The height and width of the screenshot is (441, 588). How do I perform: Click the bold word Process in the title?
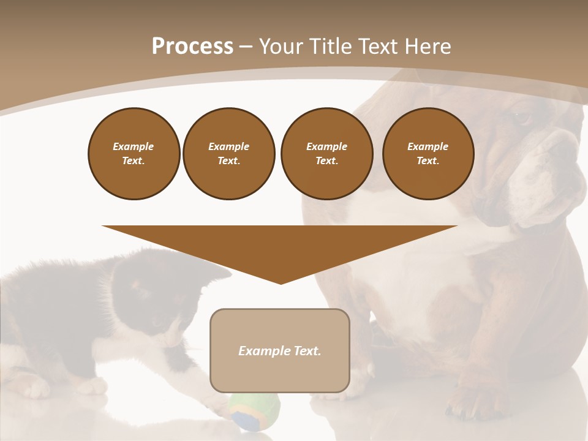tap(192, 47)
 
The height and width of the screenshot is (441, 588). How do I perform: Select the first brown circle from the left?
tap(134, 153)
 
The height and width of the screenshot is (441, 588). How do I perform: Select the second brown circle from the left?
tap(228, 153)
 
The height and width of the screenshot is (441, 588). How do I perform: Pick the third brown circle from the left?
tap(326, 153)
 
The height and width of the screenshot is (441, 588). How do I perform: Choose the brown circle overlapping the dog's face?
tap(428, 153)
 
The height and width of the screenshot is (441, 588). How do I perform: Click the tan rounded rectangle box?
tap(280, 367)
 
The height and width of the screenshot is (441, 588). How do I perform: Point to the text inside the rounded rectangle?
tap(280, 351)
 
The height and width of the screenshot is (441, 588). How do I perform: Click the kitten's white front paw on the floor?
tap(214, 401)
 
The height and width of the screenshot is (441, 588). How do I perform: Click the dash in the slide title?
tap(246, 47)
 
